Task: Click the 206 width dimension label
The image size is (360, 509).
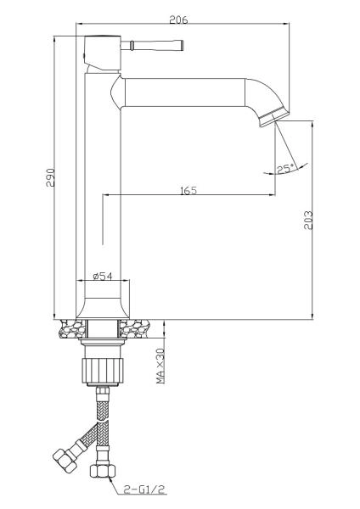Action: point(178,20)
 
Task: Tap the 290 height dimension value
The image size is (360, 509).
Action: point(50,177)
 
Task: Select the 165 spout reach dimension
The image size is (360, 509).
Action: point(188,190)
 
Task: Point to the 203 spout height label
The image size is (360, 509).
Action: point(308,221)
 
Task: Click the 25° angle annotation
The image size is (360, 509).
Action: point(285,169)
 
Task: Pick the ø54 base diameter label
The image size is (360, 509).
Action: point(103,276)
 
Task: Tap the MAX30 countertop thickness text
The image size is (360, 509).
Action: point(160,366)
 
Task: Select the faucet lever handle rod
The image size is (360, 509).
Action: point(152,46)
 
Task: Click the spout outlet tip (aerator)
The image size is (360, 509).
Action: point(274,119)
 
